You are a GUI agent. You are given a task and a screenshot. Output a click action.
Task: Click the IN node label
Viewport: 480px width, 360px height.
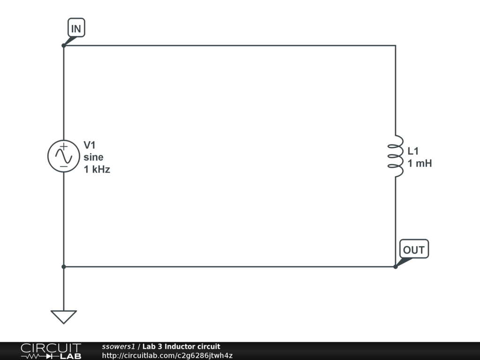coord(76,29)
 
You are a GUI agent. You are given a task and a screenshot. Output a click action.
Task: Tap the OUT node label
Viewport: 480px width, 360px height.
coord(414,250)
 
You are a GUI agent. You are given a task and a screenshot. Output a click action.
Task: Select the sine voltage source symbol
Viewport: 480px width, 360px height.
coord(63,157)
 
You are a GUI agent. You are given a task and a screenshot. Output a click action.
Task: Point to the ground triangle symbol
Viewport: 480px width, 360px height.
coord(63,316)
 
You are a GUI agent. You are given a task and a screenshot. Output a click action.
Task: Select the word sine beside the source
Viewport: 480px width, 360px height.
coord(94,157)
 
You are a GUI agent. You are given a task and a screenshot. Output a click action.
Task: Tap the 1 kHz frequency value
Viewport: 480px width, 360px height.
coord(97,169)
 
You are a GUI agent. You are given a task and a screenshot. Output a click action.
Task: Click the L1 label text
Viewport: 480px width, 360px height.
coord(413,151)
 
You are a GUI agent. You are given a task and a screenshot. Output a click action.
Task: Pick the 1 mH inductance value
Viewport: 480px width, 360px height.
coord(420,164)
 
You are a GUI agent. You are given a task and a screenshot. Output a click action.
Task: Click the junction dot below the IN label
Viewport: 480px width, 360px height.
coord(63,45)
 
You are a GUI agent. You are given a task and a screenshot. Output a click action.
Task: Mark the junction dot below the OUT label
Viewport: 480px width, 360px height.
coord(396,267)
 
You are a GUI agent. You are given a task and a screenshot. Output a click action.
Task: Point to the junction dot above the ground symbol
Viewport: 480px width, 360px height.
coord(63,267)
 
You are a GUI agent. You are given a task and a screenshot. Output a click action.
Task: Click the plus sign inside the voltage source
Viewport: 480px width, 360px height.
coord(63,146)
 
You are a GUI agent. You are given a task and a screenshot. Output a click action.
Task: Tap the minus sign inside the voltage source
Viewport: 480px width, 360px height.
coord(63,166)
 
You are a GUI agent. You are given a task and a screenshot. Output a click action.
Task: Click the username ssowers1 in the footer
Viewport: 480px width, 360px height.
coord(118,346)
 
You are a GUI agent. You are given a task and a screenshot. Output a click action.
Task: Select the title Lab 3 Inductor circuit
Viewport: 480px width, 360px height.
coord(181,346)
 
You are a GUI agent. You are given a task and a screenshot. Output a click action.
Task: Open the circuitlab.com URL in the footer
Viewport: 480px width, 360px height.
coord(167,355)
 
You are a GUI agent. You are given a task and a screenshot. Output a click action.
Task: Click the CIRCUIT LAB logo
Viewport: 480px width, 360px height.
coord(51,351)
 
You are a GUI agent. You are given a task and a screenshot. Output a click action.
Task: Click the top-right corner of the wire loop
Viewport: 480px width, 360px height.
coord(396,45)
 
